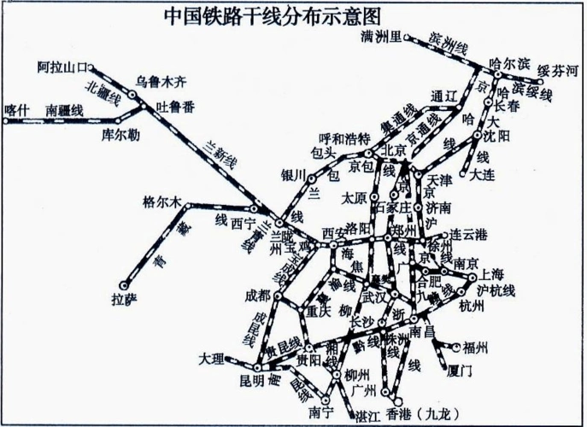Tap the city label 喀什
click(16, 108)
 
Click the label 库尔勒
click(122, 134)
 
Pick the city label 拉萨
click(124, 299)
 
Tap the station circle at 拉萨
click(124, 285)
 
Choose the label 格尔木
click(162, 202)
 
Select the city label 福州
click(475, 347)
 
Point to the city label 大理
click(211, 357)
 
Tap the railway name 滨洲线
click(448, 43)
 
